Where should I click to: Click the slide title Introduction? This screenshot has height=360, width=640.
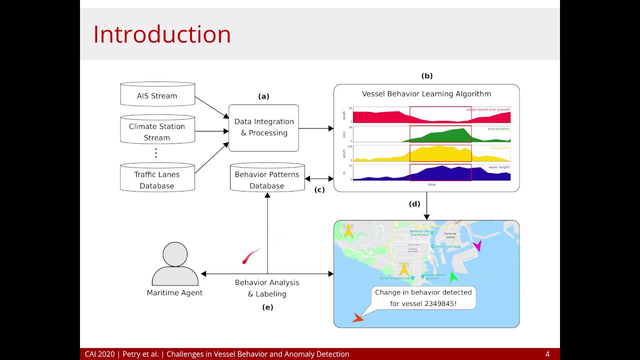(162, 34)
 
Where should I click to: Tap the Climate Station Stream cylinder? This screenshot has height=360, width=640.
(157, 131)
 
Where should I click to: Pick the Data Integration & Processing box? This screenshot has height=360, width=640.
(263, 127)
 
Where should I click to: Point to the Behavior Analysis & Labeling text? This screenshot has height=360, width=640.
(267, 288)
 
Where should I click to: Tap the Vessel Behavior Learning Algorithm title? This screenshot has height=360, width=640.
(426, 94)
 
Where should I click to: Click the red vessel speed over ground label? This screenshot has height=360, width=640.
(487, 109)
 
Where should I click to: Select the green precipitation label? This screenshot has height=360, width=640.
(498, 129)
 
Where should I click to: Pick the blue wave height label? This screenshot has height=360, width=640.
(499, 167)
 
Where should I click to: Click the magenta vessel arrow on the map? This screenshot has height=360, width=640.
(477, 245)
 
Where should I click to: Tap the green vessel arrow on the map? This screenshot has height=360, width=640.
(453, 277)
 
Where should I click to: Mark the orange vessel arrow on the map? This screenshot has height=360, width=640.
(357, 317)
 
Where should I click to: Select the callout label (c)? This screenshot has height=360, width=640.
(319, 189)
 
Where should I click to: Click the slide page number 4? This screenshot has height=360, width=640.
(547, 354)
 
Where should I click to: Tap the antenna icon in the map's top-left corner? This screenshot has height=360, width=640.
(348, 230)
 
